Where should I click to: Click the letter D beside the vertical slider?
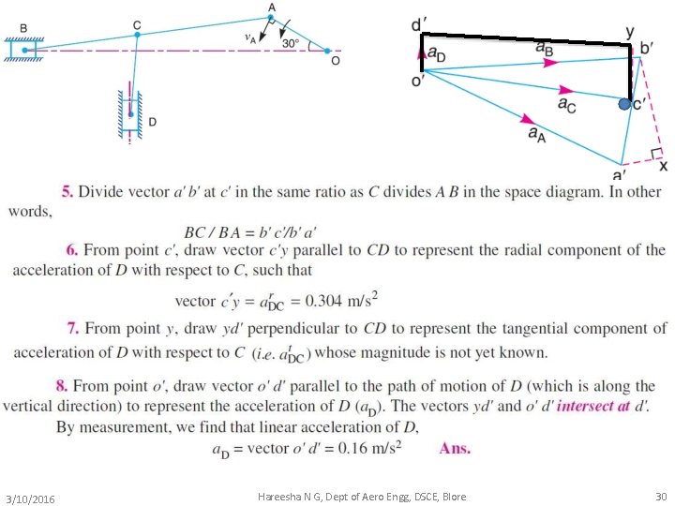point(153,122)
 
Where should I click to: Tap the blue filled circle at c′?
point(625,105)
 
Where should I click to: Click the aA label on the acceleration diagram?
point(538,134)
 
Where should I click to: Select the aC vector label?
point(567,103)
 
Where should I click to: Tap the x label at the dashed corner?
point(663,166)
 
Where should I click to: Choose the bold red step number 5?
point(66,192)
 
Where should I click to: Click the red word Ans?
point(455,448)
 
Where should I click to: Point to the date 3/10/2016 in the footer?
point(29,498)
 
